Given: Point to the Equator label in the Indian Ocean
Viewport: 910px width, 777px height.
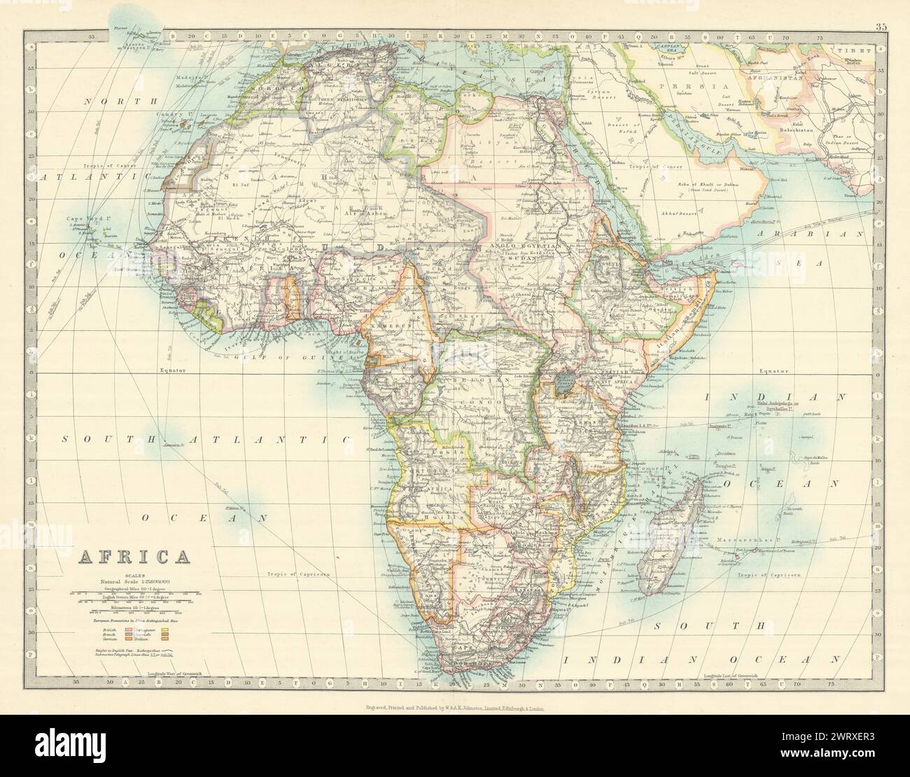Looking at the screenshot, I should pyautogui.click(x=774, y=371).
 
